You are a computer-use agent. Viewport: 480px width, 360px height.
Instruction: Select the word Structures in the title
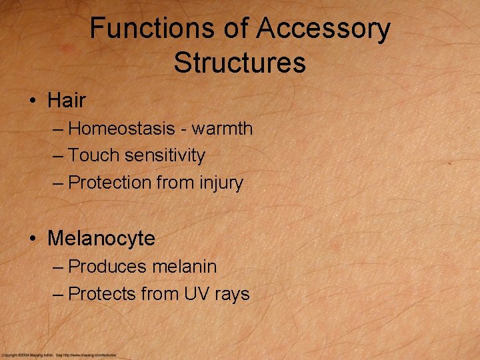239,63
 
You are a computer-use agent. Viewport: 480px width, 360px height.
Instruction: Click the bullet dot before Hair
32,101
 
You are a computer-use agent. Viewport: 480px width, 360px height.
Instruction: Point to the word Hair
67,101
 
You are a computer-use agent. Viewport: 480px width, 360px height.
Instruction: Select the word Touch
93,155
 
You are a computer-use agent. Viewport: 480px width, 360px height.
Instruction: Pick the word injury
220,183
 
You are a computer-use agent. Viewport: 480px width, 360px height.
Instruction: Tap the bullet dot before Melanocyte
32,239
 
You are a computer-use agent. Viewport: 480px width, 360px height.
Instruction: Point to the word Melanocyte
101,238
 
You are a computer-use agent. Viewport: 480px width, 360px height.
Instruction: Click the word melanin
185,267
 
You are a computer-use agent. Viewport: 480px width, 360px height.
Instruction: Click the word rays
231,295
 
